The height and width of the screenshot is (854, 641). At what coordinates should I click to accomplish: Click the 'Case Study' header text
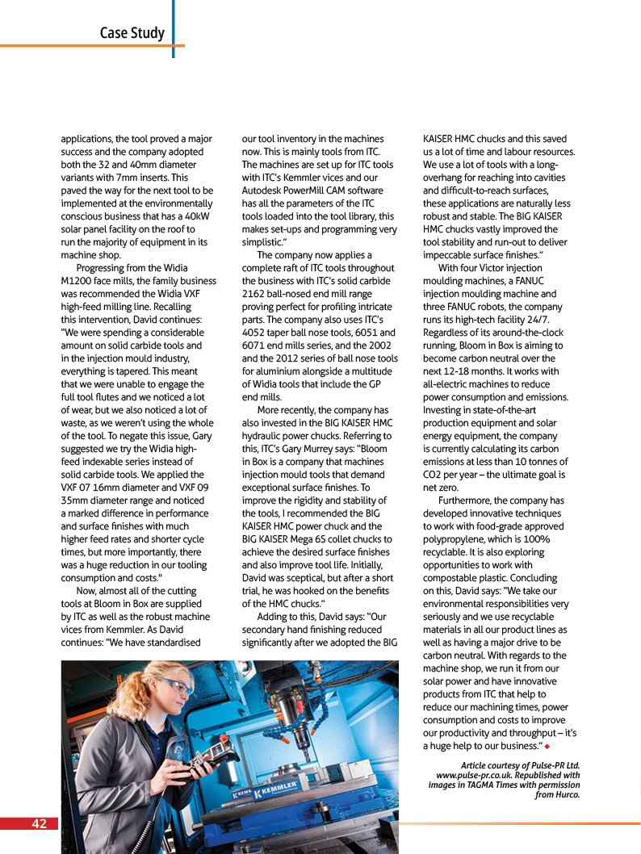click(132, 33)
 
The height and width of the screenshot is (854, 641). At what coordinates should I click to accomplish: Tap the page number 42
click(39, 823)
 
